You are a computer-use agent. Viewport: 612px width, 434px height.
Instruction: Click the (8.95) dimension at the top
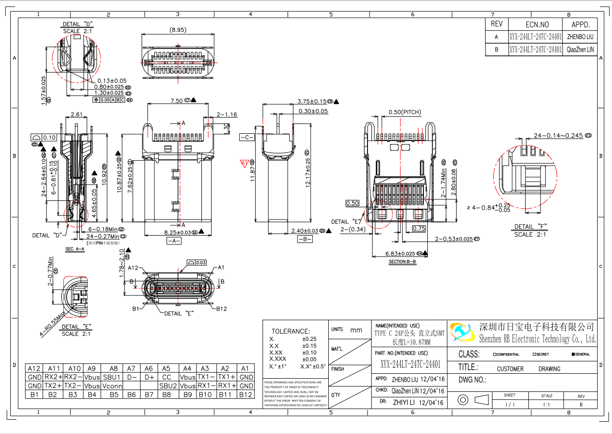pos(177,30)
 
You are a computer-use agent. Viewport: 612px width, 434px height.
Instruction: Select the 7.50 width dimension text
pos(177,100)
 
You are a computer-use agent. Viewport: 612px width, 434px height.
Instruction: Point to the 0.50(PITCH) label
pos(404,112)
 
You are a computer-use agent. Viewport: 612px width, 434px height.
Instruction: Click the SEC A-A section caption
pos(75,249)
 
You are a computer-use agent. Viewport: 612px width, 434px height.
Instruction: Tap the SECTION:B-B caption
pos(402,262)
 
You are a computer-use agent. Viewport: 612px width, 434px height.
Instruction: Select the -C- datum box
pos(246,137)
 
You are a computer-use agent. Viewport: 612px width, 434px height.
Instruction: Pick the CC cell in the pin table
pos(167,377)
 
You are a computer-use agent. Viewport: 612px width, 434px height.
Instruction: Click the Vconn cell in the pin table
pos(114,386)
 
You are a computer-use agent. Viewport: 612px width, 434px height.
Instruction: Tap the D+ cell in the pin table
pos(149,377)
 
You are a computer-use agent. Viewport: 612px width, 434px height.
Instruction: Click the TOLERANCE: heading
pos(291,331)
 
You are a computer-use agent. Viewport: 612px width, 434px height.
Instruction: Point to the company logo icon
pos(463,333)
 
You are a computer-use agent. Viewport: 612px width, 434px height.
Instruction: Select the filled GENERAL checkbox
pos(573,354)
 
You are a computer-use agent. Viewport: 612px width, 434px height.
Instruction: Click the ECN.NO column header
pos(537,24)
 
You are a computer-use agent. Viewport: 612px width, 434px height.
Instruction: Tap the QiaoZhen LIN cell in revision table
pos(580,49)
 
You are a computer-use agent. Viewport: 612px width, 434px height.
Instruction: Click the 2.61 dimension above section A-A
pos(76,115)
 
